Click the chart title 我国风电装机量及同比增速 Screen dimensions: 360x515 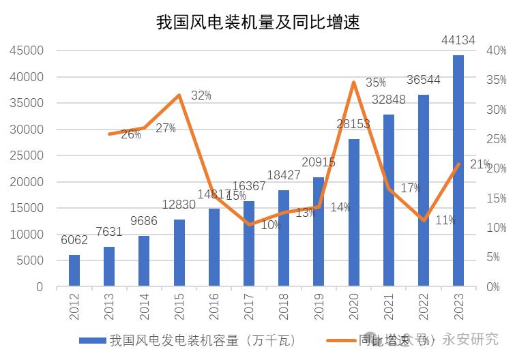(x=258, y=22)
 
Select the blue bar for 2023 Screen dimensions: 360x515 (x=458, y=170)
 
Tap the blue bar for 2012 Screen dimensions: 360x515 (x=74, y=271)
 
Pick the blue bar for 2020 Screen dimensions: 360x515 (x=354, y=213)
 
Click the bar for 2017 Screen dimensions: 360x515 (x=249, y=243)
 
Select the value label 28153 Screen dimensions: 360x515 (x=353, y=124)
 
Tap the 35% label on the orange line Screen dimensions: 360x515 (x=375, y=82)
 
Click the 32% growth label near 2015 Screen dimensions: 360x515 (x=201, y=95)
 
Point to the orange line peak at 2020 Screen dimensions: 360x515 (x=354, y=82)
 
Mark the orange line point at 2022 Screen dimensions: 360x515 (x=424, y=220)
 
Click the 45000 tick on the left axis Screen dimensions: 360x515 (x=27, y=50)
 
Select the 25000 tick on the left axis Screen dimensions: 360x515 (x=27, y=155)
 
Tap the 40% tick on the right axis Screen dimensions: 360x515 (x=496, y=50)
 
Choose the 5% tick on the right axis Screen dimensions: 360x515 (x=496, y=257)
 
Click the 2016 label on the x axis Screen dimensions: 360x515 (x=214, y=307)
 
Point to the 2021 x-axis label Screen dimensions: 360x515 (x=389, y=307)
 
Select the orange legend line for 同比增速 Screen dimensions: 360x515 (x=341, y=340)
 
